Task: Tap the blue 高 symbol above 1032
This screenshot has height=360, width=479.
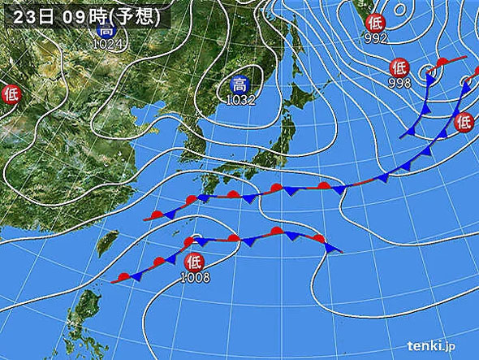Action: pos(239,85)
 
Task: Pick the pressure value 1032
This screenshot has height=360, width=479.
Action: pos(240,100)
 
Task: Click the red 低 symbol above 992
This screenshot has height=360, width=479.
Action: pos(374,22)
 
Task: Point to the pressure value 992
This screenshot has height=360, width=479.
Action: pos(376,37)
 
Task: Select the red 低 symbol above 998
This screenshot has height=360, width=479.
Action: pos(399,67)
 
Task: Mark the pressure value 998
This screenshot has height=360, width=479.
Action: pos(399,82)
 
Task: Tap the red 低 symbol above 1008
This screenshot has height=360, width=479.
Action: pos(193,262)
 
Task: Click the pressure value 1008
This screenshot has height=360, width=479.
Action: pos(196,277)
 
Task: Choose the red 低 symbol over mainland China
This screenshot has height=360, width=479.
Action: pos(11,93)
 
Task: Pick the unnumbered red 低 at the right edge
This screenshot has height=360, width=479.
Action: pos(464,121)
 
